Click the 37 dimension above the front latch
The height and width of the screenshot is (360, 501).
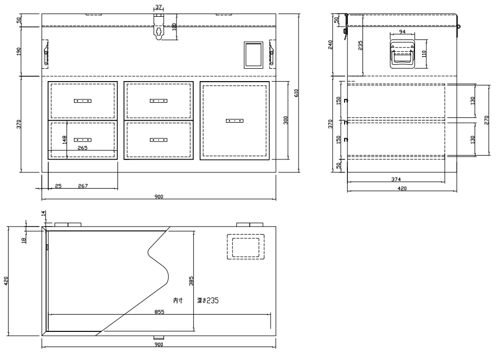tap(159, 7)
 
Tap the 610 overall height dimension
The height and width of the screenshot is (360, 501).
tap(296, 93)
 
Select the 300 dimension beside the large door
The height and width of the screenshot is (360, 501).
tap(286, 120)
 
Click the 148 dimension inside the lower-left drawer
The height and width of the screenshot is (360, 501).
tap(64, 140)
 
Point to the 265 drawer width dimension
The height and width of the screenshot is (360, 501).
tap(82, 148)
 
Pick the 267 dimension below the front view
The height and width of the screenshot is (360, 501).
tap(83, 186)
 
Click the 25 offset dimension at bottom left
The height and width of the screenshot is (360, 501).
tap(58, 186)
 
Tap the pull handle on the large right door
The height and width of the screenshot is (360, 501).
tap(234, 121)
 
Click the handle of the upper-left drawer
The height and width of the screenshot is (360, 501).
tap(83, 101)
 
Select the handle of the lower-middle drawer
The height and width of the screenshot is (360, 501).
tap(159, 140)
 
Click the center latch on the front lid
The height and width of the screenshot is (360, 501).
tap(159, 27)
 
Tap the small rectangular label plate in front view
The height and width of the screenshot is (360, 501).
tap(254, 55)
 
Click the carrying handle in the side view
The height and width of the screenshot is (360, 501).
tap(403, 55)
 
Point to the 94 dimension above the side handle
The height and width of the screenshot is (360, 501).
tap(403, 31)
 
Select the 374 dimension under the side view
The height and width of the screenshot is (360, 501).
tap(396, 179)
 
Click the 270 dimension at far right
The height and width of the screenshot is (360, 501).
tap(486, 120)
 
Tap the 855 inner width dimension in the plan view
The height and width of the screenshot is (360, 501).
tap(159, 311)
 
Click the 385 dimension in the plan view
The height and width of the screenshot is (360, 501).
tap(191, 281)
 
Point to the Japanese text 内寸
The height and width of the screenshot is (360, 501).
tap(178, 301)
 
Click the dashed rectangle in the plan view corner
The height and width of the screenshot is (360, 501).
tap(246, 246)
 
